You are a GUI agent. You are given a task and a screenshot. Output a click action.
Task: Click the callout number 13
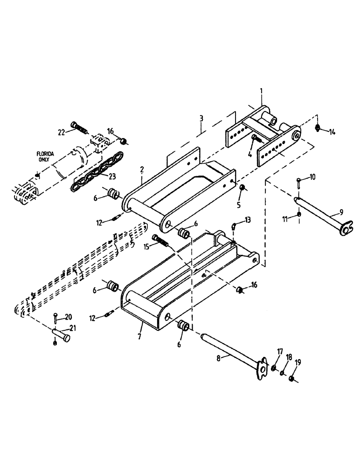click(x=248, y=220)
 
